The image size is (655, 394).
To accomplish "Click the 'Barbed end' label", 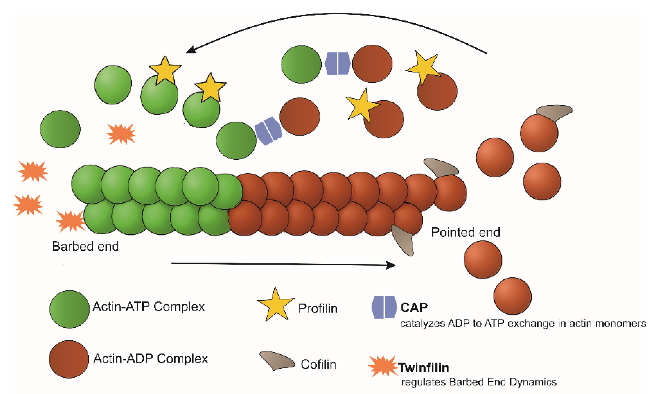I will (85, 246).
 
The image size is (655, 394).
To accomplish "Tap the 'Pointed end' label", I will (465, 232).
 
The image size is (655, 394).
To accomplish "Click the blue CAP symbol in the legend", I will (384, 307).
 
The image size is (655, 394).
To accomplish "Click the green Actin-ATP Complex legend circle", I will (70, 310).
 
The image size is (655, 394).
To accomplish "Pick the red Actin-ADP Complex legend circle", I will (69, 359).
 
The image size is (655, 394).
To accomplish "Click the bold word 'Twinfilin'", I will (423, 368).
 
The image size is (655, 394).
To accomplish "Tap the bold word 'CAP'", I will (414, 308).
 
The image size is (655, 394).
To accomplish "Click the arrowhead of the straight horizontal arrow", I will (391, 265).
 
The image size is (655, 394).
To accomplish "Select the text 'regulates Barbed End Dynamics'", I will (479, 382).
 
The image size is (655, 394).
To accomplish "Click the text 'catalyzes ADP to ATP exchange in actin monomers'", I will (523, 324).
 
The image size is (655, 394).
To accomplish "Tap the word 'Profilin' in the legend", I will (318, 308).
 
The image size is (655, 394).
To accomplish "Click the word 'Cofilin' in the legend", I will (318, 364).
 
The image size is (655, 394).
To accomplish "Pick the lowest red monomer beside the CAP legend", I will (512, 296).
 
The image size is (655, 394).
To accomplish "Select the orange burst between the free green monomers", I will (121, 134).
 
